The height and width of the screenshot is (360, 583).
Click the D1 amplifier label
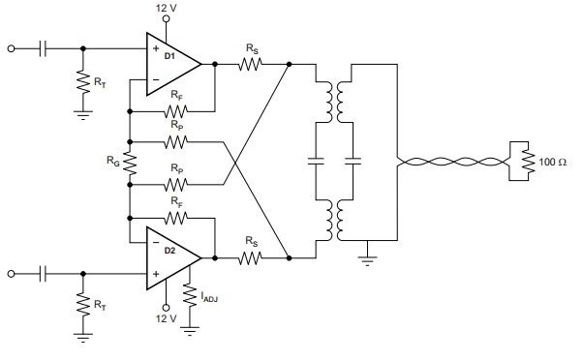(x=169, y=56)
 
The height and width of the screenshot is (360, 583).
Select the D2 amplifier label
(x=169, y=251)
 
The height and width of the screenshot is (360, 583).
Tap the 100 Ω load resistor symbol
(x=528, y=161)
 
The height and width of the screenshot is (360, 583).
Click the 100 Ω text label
(x=553, y=162)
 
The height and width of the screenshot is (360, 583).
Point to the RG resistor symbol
(x=130, y=164)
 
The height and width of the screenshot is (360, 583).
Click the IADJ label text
(x=209, y=297)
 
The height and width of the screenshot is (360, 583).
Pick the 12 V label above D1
(x=167, y=8)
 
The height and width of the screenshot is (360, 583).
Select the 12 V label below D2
(x=167, y=318)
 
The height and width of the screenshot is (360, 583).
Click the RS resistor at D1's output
(x=250, y=64)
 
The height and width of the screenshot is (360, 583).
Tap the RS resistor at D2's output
(x=250, y=257)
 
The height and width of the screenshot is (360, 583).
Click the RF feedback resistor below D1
(x=175, y=111)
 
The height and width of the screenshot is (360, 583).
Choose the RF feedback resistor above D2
(x=175, y=218)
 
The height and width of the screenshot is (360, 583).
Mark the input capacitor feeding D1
(x=43, y=48)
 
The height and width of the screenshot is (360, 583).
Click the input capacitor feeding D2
(x=43, y=274)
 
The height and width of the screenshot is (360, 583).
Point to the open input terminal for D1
(x=12, y=48)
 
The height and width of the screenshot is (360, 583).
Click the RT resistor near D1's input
(x=83, y=82)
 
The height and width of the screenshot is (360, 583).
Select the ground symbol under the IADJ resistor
(x=190, y=331)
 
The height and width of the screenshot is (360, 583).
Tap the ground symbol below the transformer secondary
(x=367, y=261)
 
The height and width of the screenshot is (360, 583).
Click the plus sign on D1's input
(x=156, y=48)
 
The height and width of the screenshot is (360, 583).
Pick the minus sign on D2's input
(x=156, y=242)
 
